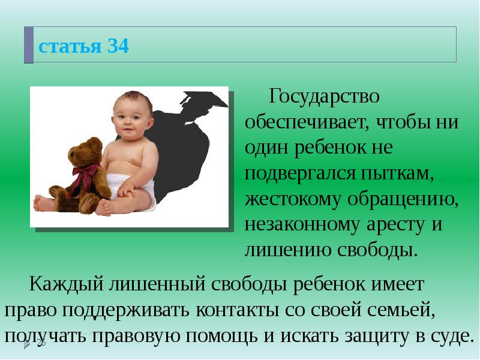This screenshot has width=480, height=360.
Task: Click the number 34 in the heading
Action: point(118,46)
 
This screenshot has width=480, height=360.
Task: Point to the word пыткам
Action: point(405,173)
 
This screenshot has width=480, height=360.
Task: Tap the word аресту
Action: point(397,224)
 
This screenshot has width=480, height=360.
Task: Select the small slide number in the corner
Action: point(41,343)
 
